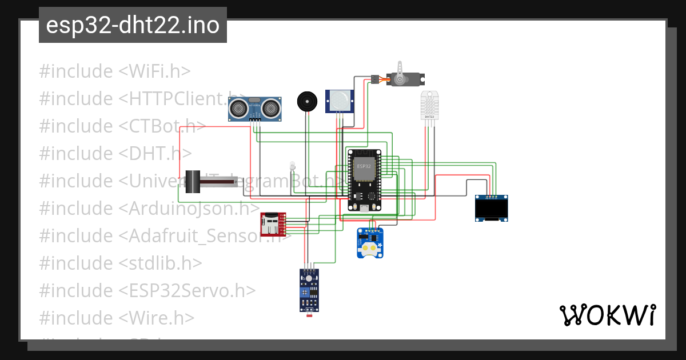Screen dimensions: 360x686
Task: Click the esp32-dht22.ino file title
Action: click(x=133, y=25)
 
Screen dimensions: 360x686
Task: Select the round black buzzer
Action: click(x=306, y=102)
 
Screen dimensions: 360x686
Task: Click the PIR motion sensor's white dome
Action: click(x=340, y=101)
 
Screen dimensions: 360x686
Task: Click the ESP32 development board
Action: click(x=365, y=179)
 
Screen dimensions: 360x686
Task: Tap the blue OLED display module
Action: click(x=492, y=209)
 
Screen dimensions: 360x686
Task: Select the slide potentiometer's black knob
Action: click(x=195, y=182)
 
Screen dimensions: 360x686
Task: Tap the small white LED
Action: click(x=293, y=165)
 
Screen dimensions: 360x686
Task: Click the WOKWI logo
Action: click(x=607, y=315)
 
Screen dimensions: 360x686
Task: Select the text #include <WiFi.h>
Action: click(x=115, y=71)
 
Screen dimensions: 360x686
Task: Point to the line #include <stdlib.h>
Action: click(x=121, y=263)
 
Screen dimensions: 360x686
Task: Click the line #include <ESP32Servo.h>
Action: click(x=147, y=291)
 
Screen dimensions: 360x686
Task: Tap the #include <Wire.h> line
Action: click(x=117, y=318)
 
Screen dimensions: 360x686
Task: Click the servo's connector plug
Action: click(x=374, y=79)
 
